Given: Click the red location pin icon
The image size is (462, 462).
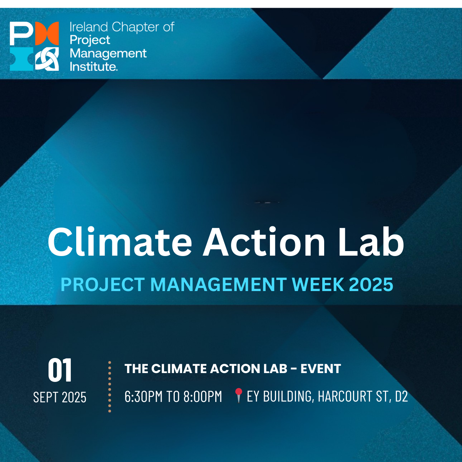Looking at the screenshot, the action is (238, 395).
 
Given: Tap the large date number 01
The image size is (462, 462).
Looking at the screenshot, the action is (60, 370).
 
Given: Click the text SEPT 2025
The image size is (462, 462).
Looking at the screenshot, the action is (60, 397).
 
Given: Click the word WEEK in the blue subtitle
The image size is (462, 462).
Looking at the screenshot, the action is (318, 285).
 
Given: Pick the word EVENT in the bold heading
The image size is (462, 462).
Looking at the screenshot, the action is (321, 368).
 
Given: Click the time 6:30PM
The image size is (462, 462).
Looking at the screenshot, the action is (143, 397).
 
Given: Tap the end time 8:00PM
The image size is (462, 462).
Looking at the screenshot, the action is (203, 397).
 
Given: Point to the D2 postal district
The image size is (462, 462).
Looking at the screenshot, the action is (401, 397).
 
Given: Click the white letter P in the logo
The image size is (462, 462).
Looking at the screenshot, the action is (22, 33).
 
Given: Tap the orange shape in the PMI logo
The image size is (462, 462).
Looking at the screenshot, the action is (47, 33).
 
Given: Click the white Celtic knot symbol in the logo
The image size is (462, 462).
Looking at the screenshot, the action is (47, 59).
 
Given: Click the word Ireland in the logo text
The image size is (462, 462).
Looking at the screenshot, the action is (89, 27).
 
